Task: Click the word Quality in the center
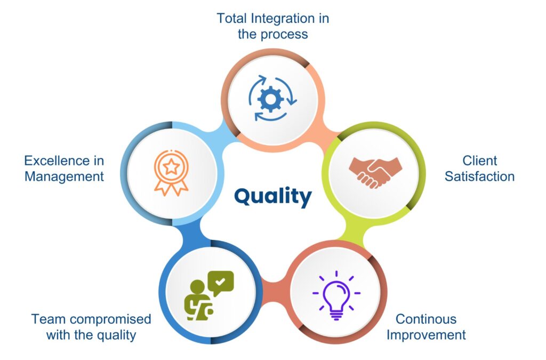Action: [x=272, y=196]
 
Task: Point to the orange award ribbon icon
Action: [x=171, y=173]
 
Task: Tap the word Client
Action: [x=479, y=161]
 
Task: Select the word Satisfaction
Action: [x=479, y=176]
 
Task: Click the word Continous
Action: [x=426, y=319]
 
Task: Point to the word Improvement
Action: [x=426, y=334]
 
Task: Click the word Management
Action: [x=64, y=177]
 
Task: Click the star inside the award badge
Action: [x=171, y=167]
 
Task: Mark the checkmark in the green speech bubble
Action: [x=220, y=281]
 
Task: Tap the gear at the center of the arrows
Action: [x=270, y=99]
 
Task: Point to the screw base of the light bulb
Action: [x=336, y=316]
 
